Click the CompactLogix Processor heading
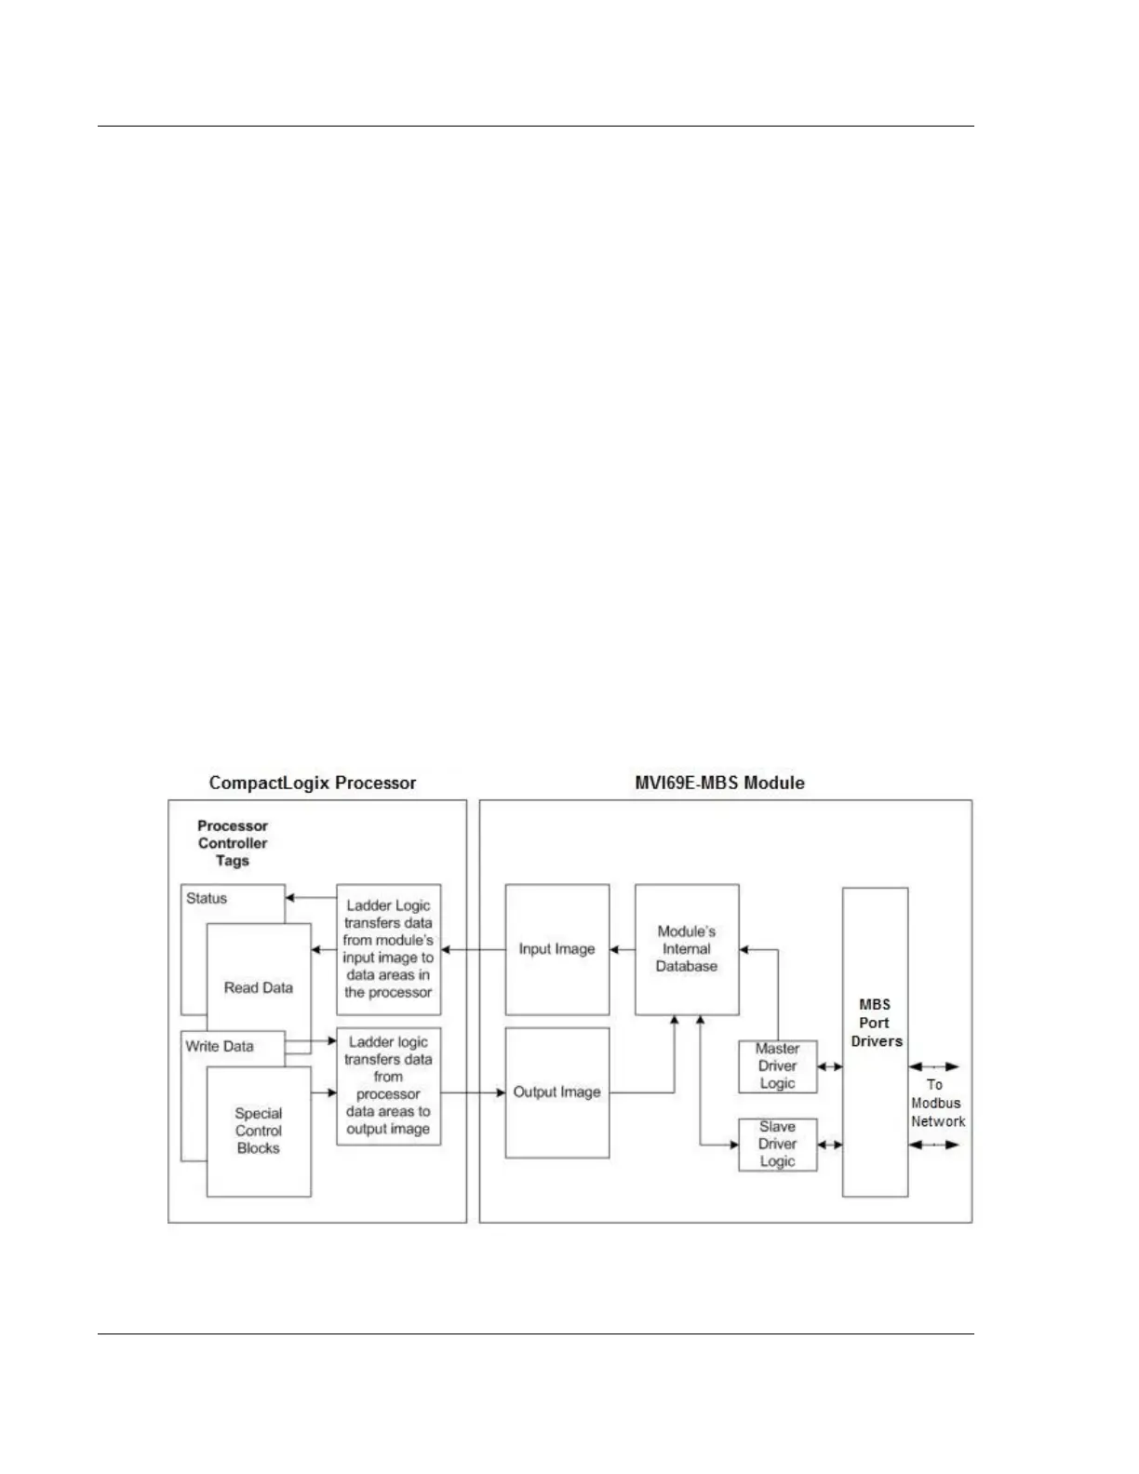coord(312,783)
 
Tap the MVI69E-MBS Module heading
coord(719,783)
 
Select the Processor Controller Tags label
coord(233,843)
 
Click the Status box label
coord(207,898)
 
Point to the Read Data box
coord(259,987)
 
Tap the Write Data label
coord(220,1046)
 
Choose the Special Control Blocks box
coord(259,1131)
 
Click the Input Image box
coord(556,949)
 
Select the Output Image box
coord(556,1092)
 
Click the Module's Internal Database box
coord(687,949)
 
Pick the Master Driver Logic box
coord(777,1066)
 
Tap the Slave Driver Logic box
coord(777,1145)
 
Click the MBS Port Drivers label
coord(875,1023)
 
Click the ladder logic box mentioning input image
coord(388,949)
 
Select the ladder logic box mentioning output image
coord(388,1086)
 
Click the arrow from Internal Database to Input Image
coord(623,950)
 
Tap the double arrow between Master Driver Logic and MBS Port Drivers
coord(830,1067)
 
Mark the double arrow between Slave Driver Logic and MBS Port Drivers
coord(830,1146)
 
